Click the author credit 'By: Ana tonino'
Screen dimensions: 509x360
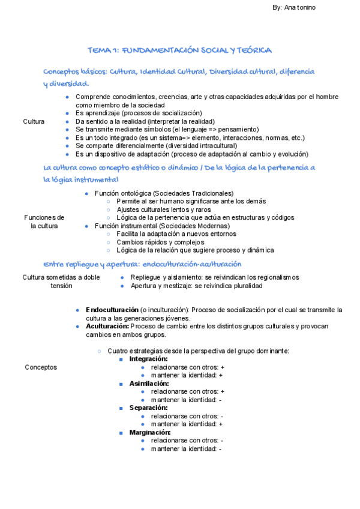(x=294, y=7)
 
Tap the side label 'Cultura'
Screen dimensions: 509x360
(x=34, y=121)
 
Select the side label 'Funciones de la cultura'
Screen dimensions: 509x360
(x=44, y=221)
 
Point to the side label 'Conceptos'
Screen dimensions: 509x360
(x=41, y=367)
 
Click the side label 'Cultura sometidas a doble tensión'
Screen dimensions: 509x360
(x=61, y=282)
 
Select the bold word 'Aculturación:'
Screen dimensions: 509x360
(x=107, y=326)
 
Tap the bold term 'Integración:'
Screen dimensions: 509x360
(x=148, y=358)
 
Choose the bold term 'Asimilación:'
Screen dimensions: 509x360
(x=149, y=383)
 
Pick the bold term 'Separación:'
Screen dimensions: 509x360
(x=148, y=408)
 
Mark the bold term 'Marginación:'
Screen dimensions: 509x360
(x=150, y=432)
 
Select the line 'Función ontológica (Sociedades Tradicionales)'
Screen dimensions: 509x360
(x=164, y=193)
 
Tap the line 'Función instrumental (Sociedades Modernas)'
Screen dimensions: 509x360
(x=162, y=226)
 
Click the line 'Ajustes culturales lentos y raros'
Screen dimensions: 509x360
(x=164, y=209)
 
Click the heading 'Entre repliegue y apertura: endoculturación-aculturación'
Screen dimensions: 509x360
(x=142, y=264)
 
